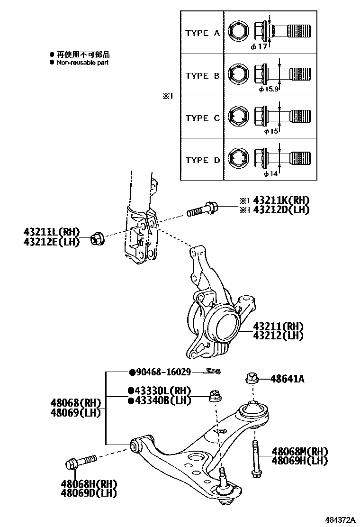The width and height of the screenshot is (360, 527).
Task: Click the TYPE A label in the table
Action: coord(202,33)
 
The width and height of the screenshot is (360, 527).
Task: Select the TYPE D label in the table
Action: coord(202,160)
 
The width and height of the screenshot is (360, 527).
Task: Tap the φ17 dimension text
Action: coord(259,46)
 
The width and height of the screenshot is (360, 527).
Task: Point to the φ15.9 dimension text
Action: coord(269,89)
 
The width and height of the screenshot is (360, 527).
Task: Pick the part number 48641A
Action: coord(287,379)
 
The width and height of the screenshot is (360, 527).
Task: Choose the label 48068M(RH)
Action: coord(300,451)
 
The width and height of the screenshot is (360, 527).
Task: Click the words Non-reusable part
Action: coord(83,63)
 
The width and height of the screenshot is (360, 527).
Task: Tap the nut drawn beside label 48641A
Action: coord(252,378)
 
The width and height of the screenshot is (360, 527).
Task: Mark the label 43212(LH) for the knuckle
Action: coord(278,336)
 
